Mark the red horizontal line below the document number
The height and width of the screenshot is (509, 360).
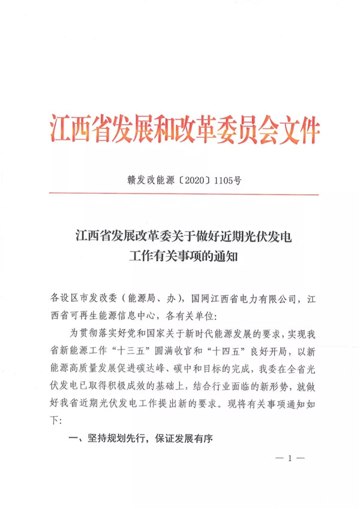[179, 193]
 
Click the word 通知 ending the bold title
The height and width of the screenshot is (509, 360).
[229, 257]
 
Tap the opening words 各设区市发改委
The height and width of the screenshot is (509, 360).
[84, 297]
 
